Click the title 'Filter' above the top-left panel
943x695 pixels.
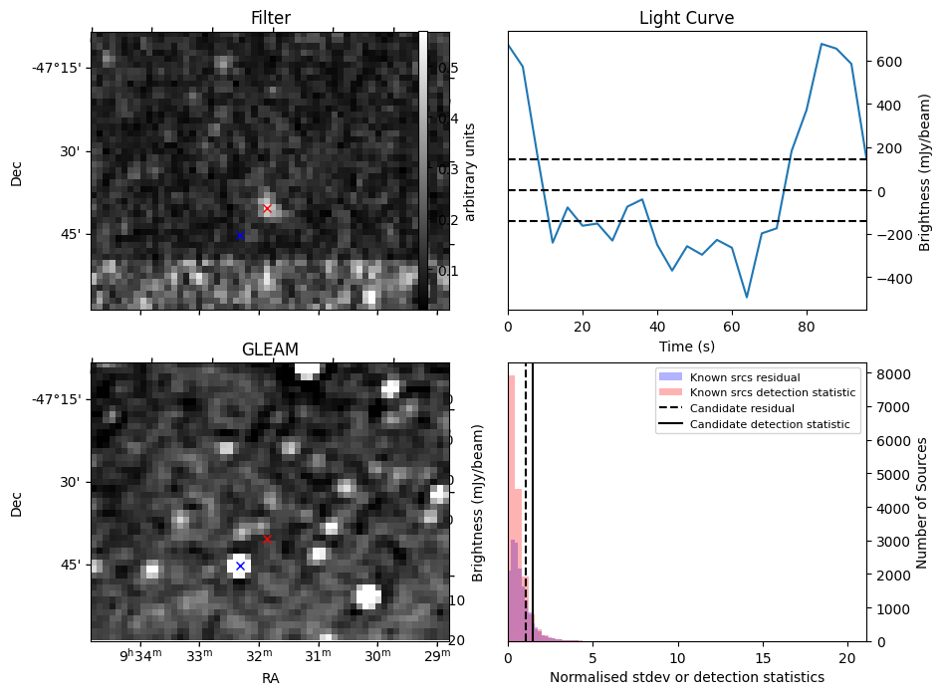(x=270, y=18)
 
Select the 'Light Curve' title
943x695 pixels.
(x=686, y=18)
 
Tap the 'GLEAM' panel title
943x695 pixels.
(x=270, y=349)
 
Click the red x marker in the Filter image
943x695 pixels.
(x=267, y=208)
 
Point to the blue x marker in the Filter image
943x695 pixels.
(x=240, y=235)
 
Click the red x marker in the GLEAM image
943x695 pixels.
(x=267, y=539)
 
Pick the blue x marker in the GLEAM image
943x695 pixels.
(x=240, y=566)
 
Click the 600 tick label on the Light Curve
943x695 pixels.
(x=889, y=62)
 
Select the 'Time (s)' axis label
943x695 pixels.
(x=686, y=347)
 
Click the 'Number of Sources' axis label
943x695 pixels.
(x=923, y=502)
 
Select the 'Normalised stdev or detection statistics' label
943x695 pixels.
(x=686, y=677)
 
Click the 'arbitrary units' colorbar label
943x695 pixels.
(x=470, y=171)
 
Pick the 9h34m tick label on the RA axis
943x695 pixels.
(x=139, y=657)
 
